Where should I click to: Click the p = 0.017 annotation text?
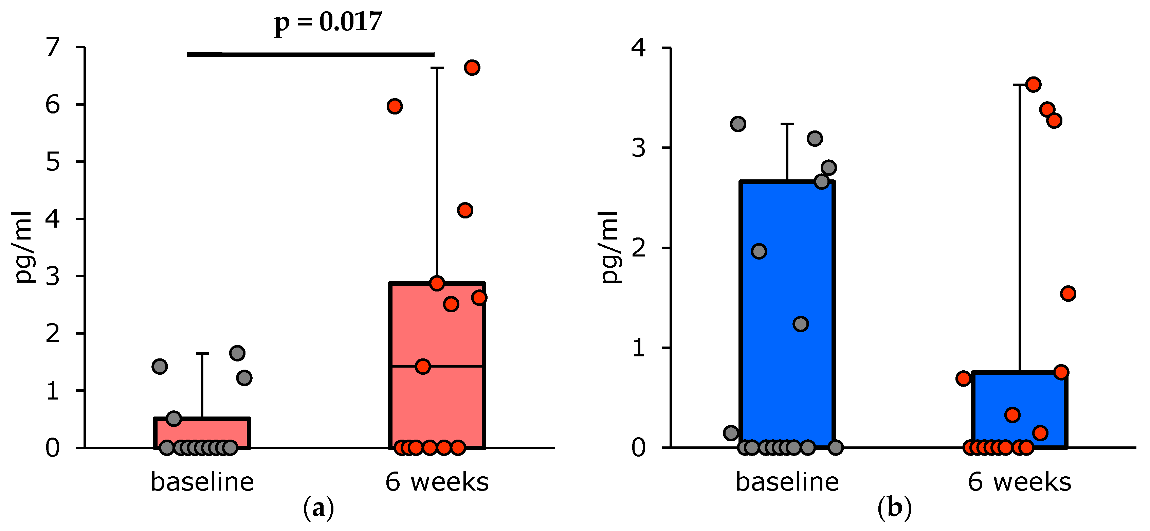coord(328,22)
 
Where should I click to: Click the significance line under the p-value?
coord(310,54)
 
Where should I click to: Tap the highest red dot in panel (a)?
coord(472,68)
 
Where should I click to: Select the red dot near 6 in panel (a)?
coord(395,106)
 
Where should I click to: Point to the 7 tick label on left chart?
coord(53,47)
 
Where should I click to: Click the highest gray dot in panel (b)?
coord(738,124)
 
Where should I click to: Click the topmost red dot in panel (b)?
coord(1033,84)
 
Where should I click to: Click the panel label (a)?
coord(318,508)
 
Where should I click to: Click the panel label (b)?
coord(894,508)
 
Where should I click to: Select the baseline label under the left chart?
coord(202,482)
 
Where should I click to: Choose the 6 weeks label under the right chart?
coord(1019,482)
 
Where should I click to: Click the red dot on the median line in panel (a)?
coord(422,367)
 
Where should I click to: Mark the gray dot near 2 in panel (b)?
coord(759,251)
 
